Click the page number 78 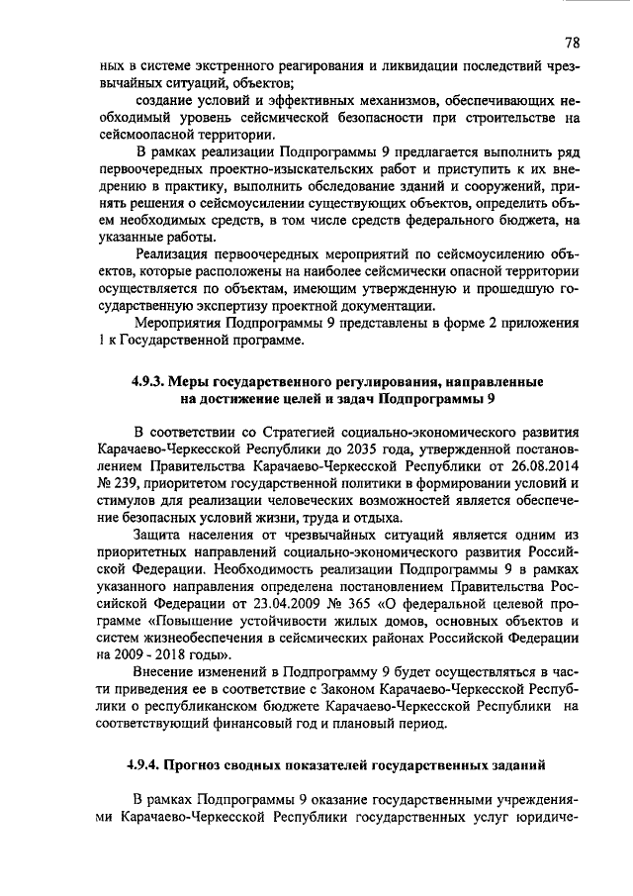tap(573, 43)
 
